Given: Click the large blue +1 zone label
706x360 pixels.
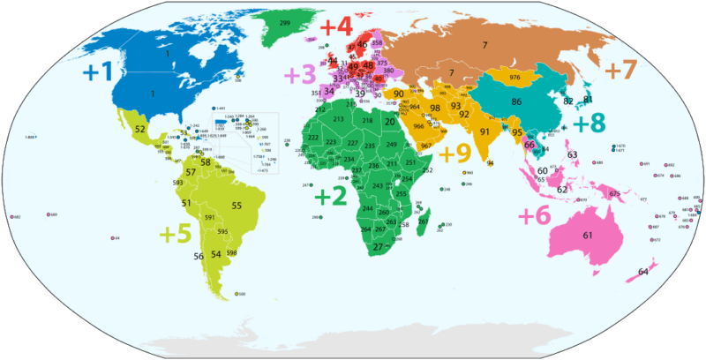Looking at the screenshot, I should point(100,72).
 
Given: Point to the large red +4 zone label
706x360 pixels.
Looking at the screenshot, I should point(335,26).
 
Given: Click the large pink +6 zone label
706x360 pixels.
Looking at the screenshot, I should point(534,214).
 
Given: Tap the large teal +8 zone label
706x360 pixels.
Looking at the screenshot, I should point(589,123).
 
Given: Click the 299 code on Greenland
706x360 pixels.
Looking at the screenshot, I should point(285,22).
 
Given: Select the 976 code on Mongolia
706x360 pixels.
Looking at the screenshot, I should point(514,78).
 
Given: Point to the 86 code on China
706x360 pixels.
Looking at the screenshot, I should point(516,102).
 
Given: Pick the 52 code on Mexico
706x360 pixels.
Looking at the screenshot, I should point(140,129).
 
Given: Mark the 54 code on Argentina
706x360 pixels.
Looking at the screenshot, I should point(215,254).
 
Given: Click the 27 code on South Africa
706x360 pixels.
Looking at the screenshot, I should point(377,247).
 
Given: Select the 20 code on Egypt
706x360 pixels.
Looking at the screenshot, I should point(391,121).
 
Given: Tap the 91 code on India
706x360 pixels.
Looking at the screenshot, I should point(484,132).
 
